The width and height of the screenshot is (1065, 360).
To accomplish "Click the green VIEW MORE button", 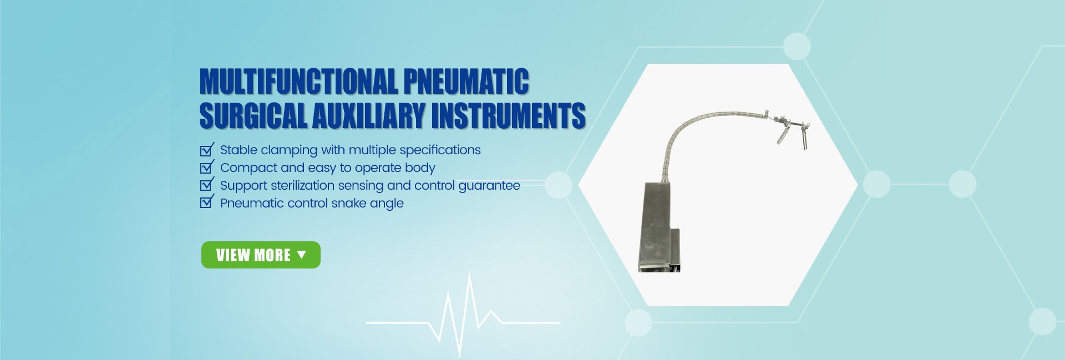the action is pos(261,255).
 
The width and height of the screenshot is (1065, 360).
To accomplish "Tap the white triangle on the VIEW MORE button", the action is pos(301,255).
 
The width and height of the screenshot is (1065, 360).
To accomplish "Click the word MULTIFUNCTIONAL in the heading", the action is pos(298,82).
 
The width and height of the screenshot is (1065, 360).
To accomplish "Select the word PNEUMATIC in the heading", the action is pos(466,82).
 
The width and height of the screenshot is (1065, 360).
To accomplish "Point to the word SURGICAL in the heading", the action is pos(253,115).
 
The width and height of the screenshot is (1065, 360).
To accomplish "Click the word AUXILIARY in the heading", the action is pos(369,115).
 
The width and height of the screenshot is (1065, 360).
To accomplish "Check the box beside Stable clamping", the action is pos(206,150).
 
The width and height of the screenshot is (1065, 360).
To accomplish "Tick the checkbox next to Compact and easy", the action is pos(206,168).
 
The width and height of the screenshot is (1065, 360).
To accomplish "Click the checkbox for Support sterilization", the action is pos(206,185).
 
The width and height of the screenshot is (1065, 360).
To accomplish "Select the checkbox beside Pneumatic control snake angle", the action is pos(206,202).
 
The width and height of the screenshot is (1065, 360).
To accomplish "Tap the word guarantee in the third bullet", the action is pos(489,186).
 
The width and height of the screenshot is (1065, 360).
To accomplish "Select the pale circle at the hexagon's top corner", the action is pos(797,46).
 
